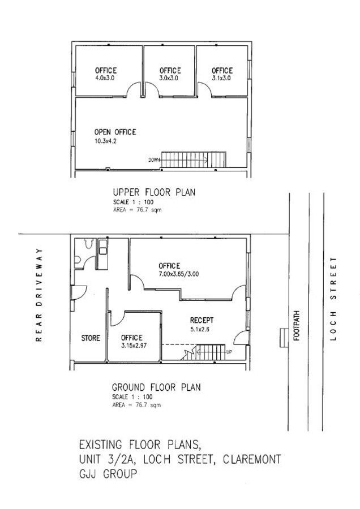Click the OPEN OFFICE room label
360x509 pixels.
pyautogui.click(x=115, y=132)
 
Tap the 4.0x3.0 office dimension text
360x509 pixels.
pyautogui.click(x=105, y=78)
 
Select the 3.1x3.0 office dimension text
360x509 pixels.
pyautogui.click(x=221, y=78)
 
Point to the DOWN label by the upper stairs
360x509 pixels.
pyautogui.click(x=154, y=159)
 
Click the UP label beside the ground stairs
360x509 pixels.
pyautogui.click(x=229, y=352)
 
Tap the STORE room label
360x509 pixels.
pyautogui.click(x=91, y=338)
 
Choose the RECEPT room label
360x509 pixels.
pyautogui.click(x=202, y=321)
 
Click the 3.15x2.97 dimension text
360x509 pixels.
pyautogui.click(x=134, y=346)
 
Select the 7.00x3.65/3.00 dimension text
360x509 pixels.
pyautogui.click(x=179, y=274)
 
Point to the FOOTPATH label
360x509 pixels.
pyautogui.click(x=296, y=326)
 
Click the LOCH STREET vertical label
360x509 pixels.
pyautogui.click(x=333, y=299)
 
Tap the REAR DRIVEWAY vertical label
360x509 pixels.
pyautogui.click(x=39, y=295)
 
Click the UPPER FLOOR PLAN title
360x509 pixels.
pyautogui.click(x=154, y=192)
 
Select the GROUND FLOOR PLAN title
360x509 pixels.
pyautogui.click(x=156, y=387)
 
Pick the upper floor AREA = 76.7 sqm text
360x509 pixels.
pyautogui.click(x=137, y=210)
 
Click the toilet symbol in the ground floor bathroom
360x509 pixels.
pyautogui.click(x=89, y=243)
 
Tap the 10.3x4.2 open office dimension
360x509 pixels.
pyautogui.click(x=105, y=141)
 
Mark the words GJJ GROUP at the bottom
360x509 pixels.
pyautogui.click(x=108, y=473)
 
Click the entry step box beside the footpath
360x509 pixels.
pyautogui.click(x=284, y=338)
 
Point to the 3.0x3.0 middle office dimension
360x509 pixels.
pyautogui.click(x=169, y=78)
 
